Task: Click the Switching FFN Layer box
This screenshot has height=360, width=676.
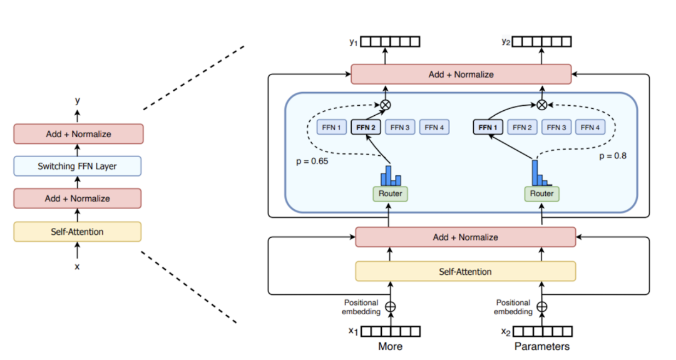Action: (78, 166)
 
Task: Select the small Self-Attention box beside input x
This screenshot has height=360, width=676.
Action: (78, 232)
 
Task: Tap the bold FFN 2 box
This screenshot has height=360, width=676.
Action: (366, 128)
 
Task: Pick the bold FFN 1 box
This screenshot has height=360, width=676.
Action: (488, 128)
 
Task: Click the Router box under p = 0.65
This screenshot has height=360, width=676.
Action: (390, 194)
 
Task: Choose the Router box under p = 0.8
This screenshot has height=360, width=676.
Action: (541, 194)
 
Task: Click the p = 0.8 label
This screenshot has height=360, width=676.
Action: (613, 156)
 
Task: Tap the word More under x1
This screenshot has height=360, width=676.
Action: (390, 346)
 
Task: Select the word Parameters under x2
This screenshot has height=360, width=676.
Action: (542, 346)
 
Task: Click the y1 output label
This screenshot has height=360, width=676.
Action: (354, 41)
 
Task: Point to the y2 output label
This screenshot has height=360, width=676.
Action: (506, 41)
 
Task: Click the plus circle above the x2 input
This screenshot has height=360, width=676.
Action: (542, 307)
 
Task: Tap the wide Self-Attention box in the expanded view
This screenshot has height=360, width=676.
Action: (465, 272)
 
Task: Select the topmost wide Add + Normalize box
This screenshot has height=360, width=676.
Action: (461, 75)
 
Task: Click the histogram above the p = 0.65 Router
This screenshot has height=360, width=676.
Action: (391, 174)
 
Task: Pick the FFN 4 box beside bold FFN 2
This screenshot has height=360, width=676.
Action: (433, 128)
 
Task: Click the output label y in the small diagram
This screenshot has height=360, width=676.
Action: (78, 100)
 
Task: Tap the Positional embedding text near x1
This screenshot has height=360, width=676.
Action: (361, 307)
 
